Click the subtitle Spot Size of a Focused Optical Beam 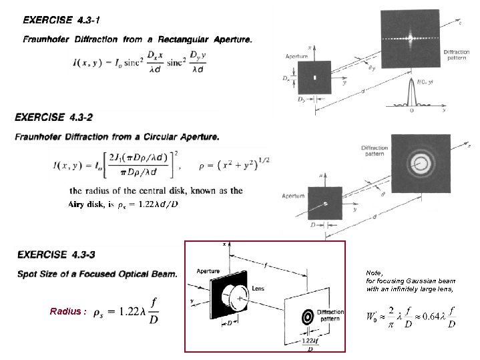pyautogui.click(x=97, y=274)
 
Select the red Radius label pyautogui.click(x=68, y=311)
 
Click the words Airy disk pyautogui.click(x=85, y=204)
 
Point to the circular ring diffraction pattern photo pyautogui.click(x=422, y=162)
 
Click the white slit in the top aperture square pyautogui.click(x=314, y=77)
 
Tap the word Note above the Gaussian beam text pyautogui.click(x=375, y=273)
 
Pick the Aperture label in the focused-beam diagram pyautogui.click(x=208, y=271)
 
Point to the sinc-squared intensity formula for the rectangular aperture pyautogui.click(x=140, y=63)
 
